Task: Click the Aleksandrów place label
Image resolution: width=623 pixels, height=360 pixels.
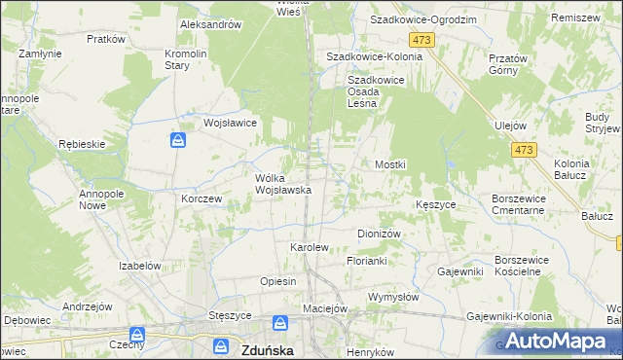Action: (x=210, y=24)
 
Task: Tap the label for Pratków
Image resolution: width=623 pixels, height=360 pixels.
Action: (x=106, y=39)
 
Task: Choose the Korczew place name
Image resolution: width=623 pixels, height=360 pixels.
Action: (x=202, y=198)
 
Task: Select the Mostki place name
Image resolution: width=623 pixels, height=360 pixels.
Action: (x=390, y=165)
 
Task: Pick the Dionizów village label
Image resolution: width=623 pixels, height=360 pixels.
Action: (x=380, y=234)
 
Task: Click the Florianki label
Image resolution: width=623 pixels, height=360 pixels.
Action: (x=368, y=261)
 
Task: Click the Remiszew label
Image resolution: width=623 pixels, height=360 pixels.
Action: (x=574, y=18)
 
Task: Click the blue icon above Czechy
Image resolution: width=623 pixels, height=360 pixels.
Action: (x=138, y=337)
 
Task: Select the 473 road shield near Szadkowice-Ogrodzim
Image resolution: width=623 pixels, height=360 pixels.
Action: (x=421, y=39)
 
